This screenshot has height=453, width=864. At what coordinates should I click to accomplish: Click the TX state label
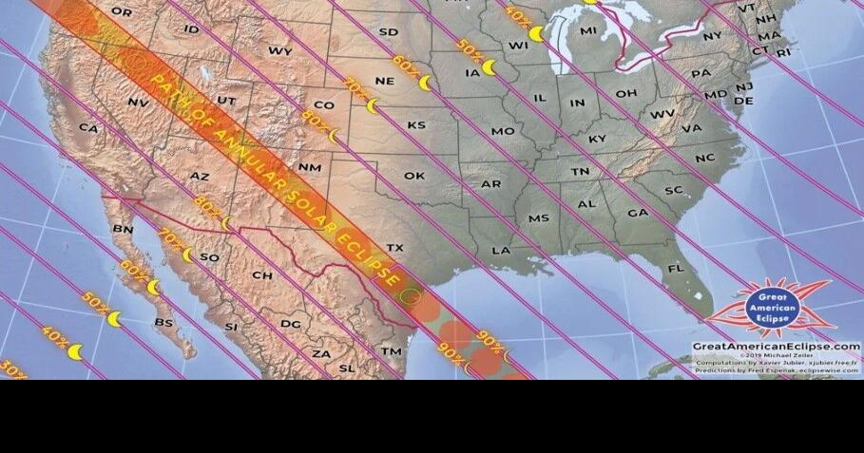click(x=394, y=248)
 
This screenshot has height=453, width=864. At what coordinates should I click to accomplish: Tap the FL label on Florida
click(x=676, y=269)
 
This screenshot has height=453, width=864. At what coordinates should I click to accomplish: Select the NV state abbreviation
click(x=137, y=102)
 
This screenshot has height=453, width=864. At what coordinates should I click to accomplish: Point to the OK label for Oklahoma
click(x=414, y=176)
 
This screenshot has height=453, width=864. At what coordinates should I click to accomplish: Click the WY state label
click(x=280, y=50)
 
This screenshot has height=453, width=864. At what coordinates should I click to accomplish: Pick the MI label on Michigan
click(x=588, y=31)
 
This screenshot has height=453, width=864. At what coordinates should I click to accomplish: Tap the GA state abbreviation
click(x=638, y=213)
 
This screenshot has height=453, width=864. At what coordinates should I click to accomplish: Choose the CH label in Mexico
click(x=262, y=275)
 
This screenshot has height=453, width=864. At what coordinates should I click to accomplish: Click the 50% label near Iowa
click(x=469, y=46)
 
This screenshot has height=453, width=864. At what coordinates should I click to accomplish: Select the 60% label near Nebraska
click(x=405, y=64)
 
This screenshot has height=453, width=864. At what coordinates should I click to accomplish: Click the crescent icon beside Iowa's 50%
click(x=490, y=67)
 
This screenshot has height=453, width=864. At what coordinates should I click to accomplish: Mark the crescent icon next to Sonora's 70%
click(x=188, y=255)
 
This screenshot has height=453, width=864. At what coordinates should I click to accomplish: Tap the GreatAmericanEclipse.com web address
click(x=776, y=347)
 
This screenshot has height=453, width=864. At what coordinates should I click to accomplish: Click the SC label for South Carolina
click(x=673, y=190)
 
